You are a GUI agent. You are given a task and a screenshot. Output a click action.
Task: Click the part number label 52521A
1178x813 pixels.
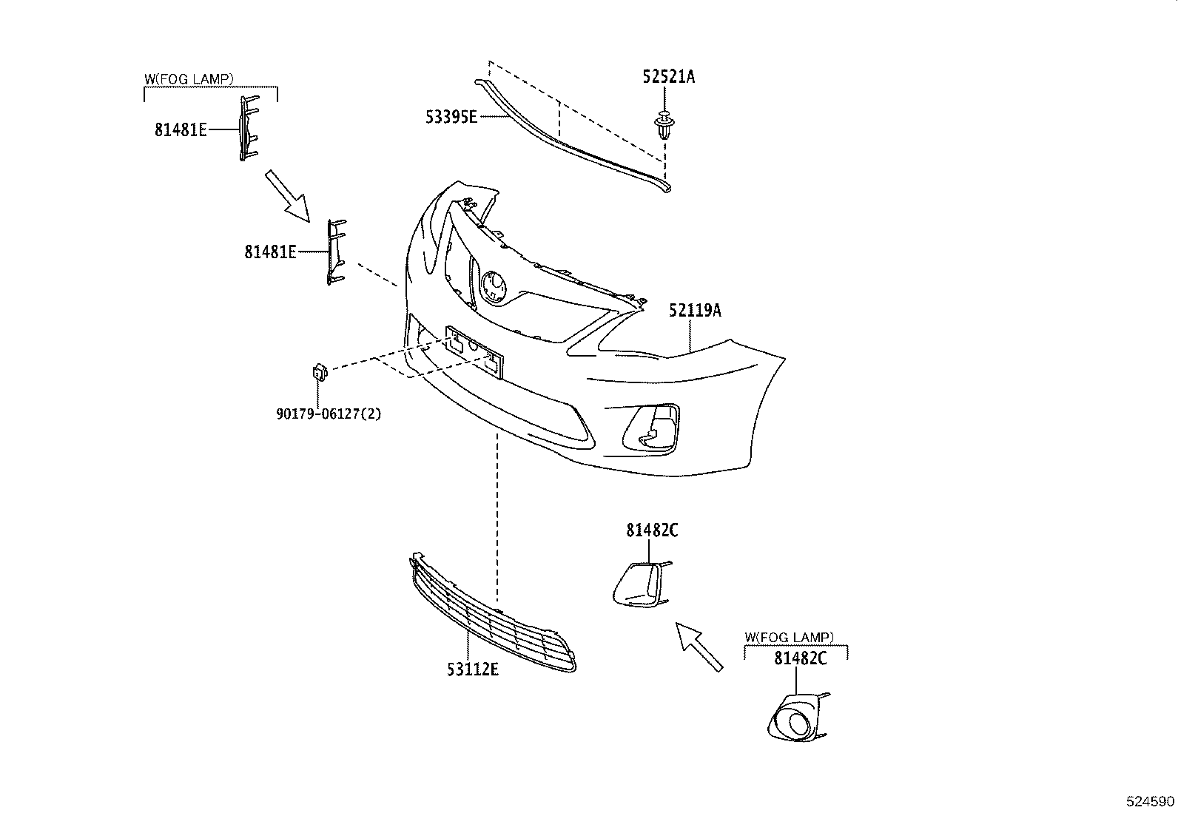pyautogui.click(x=669, y=76)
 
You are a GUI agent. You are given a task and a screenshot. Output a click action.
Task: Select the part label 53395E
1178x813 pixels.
pyautogui.click(x=451, y=116)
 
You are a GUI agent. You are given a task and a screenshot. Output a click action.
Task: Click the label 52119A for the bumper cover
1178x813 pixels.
pyautogui.click(x=695, y=311)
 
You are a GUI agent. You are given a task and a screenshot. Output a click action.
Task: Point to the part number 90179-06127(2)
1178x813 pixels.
pyautogui.click(x=329, y=414)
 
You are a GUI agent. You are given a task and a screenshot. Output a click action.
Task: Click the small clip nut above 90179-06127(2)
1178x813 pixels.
pyautogui.click(x=320, y=371)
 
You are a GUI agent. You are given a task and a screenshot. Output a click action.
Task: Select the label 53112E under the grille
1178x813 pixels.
pyautogui.click(x=472, y=669)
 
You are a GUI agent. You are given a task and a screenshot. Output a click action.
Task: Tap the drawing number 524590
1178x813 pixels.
pyautogui.click(x=1150, y=801)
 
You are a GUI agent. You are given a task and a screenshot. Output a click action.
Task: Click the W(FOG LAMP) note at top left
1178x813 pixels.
pyautogui.click(x=189, y=78)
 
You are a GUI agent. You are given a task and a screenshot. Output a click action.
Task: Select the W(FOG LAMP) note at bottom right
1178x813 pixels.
pyautogui.click(x=789, y=637)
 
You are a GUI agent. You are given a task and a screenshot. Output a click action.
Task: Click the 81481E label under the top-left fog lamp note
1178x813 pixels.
pyautogui.click(x=181, y=130)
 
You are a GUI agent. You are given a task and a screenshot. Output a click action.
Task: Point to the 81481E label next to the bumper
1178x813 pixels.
pyautogui.click(x=271, y=252)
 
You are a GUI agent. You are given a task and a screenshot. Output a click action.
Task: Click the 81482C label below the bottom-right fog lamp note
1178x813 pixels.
pyautogui.click(x=800, y=658)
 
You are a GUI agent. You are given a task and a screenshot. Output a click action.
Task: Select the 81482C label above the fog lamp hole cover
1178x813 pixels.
pyautogui.click(x=652, y=530)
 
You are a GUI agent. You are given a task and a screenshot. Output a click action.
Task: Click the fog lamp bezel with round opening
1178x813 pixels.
pyautogui.click(x=796, y=718)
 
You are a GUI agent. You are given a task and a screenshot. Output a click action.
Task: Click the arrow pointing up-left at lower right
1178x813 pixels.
pyautogui.click(x=698, y=645)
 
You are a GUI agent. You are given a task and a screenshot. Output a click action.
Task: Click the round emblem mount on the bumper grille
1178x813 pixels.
pyautogui.click(x=493, y=286)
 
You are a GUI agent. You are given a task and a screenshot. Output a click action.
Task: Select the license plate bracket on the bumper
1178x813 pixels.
pyautogui.click(x=474, y=351)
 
